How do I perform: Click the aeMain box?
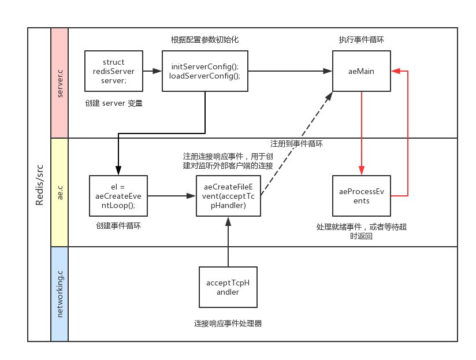[x=362, y=71]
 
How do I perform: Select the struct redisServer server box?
[x=113, y=71]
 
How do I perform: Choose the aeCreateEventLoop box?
[x=118, y=196]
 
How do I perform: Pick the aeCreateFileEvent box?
[x=229, y=196]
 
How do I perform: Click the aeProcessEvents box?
[x=362, y=196]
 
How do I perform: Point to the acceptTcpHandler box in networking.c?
[x=229, y=287]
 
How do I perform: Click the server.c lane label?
[x=60, y=83]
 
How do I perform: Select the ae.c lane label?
[x=60, y=192]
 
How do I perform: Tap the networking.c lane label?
[x=60, y=294]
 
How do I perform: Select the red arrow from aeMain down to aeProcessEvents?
[x=362, y=133]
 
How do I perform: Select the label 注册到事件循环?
[x=296, y=143]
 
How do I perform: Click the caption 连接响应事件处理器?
[x=229, y=324]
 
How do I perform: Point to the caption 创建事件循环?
[x=118, y=226]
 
